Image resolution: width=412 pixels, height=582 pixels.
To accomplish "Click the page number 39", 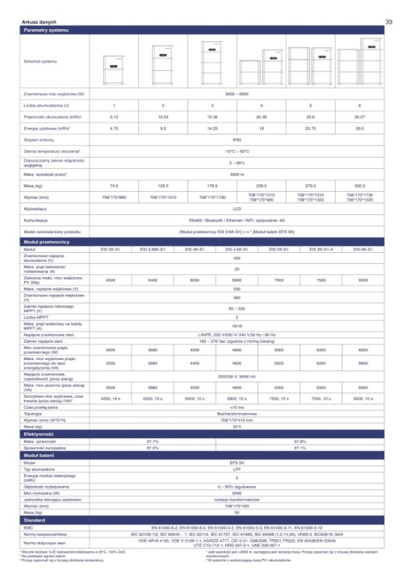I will click(x=389, y=21).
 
